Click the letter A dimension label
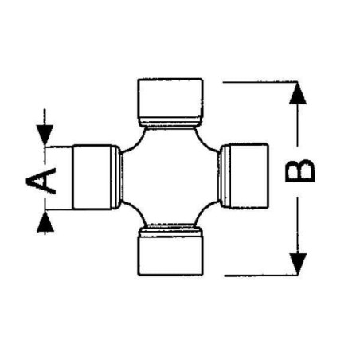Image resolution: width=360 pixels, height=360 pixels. [x=41, y=181]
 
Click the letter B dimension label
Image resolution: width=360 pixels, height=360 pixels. [x=300, y=171]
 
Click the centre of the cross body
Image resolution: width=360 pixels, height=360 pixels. [x=170, y=177]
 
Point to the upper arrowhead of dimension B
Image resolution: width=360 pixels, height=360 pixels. [x=298, y=93]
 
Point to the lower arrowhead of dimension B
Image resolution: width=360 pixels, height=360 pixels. [x=298, y=264]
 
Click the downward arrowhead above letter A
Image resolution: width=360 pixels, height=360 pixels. [x=45, y=135]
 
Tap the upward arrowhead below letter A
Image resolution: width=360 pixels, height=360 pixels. [x=45, y=222]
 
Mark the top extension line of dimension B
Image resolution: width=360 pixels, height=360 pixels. [x=260, y=82]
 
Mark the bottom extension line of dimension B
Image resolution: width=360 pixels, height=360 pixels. [x=260, y=276]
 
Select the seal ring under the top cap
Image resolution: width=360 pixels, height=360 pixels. [x=170, y=123]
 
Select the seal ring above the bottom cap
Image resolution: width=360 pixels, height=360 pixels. [x=170, y=230]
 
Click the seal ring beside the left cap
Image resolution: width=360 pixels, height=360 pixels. [x=117, y=177]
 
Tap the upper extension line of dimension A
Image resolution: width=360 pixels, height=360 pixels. [x=59, y=147]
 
